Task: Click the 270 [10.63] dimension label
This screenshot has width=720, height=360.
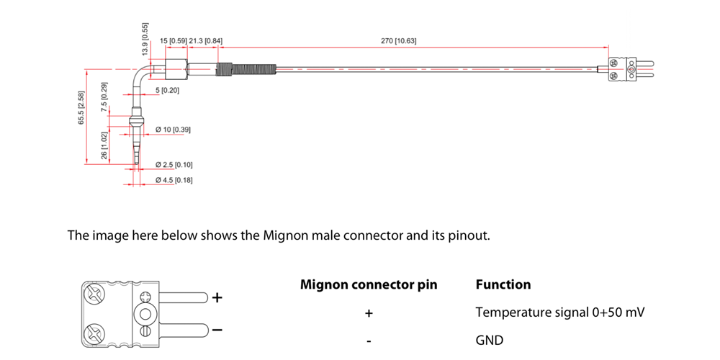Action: point(398,41)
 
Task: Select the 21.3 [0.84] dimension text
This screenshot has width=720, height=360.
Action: point(205,41)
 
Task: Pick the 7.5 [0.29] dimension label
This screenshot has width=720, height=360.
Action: point(105,96)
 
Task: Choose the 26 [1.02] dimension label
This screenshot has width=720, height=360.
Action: point(105,145)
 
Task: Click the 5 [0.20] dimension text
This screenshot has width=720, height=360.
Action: point(168,91)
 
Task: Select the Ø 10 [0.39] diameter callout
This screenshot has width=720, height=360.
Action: point(173,130)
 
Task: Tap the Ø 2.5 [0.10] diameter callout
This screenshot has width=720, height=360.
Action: point(174,165)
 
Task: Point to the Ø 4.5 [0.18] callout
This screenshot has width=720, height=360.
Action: point(174,179)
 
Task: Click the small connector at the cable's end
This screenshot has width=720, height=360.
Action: point(623,69)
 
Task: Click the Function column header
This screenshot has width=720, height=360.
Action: point(503,284)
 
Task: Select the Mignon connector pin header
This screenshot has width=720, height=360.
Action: point(368,284)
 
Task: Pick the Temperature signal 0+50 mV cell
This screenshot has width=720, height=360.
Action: point(559,313)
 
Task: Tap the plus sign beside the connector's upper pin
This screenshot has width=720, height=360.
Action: point(217,297)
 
